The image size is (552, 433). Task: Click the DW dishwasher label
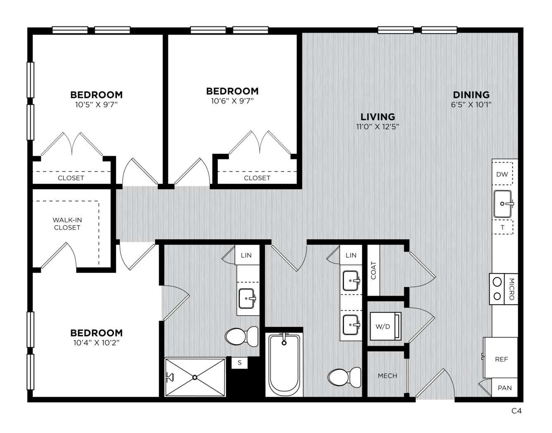502,174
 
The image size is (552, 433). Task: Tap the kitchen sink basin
502,204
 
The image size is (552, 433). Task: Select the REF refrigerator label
502,359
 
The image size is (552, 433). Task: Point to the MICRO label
512,289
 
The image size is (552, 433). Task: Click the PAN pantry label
505,388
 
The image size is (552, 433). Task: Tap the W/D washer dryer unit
385,326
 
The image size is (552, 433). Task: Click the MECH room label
388,376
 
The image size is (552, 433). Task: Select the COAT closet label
374,271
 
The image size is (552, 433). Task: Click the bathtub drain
284,343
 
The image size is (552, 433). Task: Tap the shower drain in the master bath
195,377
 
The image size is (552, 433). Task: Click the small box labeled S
240,363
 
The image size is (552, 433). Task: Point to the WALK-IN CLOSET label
67,224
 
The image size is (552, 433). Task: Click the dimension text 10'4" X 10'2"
96,343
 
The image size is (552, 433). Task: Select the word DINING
471,95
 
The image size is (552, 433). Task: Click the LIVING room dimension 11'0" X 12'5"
378,126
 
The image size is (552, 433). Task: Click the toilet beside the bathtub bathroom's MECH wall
344,377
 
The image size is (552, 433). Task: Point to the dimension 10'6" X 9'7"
232,101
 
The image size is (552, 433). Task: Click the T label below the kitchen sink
502,228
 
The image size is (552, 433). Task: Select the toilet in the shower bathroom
242,337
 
